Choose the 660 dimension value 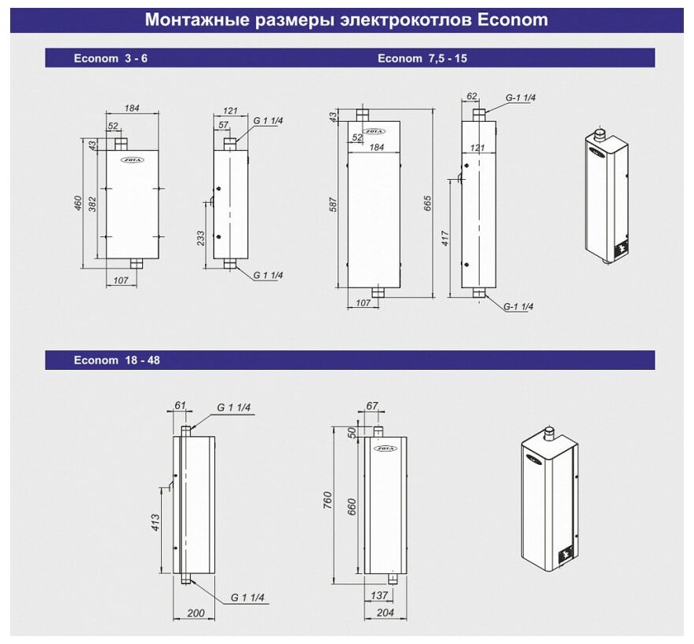(352, 507)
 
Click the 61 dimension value (180, 405)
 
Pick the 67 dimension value (372, 405)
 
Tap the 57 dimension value (222, 125)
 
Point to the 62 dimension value (471, 97)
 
